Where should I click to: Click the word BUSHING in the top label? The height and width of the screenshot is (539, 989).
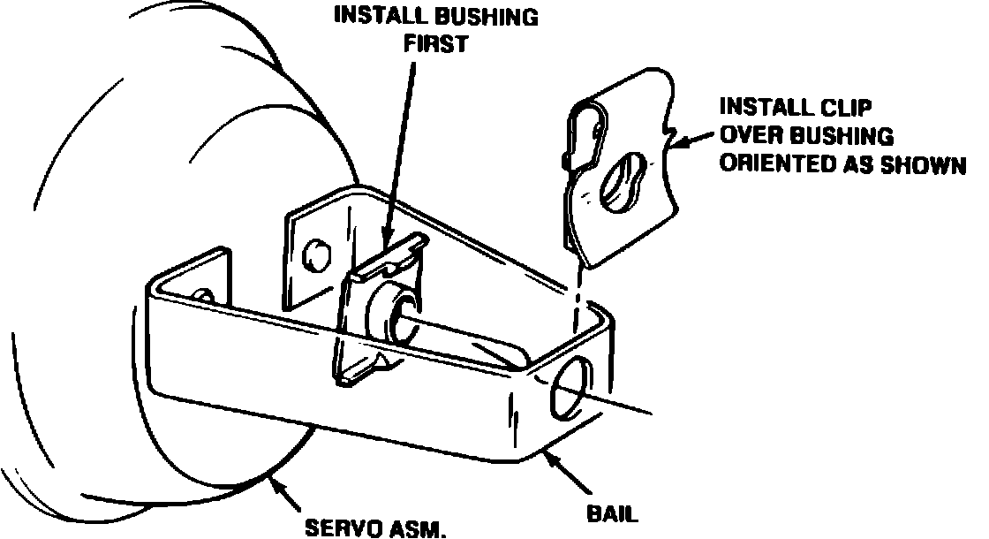[x=485, y=17]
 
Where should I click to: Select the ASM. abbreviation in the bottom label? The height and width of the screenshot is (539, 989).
[x=417, y=528]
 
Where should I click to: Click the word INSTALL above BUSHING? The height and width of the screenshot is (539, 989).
[x=377, y=17]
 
